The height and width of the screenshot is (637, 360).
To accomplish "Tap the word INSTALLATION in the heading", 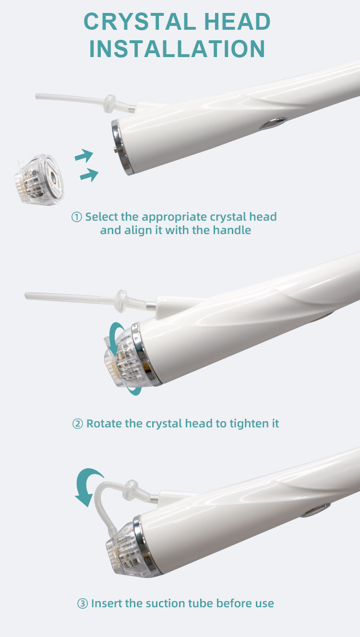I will [x=177, y=49].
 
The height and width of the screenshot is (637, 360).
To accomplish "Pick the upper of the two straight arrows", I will [x=84, y=156].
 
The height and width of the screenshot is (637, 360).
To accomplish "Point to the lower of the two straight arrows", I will [x=89, y=176].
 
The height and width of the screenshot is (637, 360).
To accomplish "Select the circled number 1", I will [x=77, y=217].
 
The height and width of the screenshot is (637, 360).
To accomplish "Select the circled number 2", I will [x=77, y=424].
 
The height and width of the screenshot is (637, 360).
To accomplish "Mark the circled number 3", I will [x=82, y=603].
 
